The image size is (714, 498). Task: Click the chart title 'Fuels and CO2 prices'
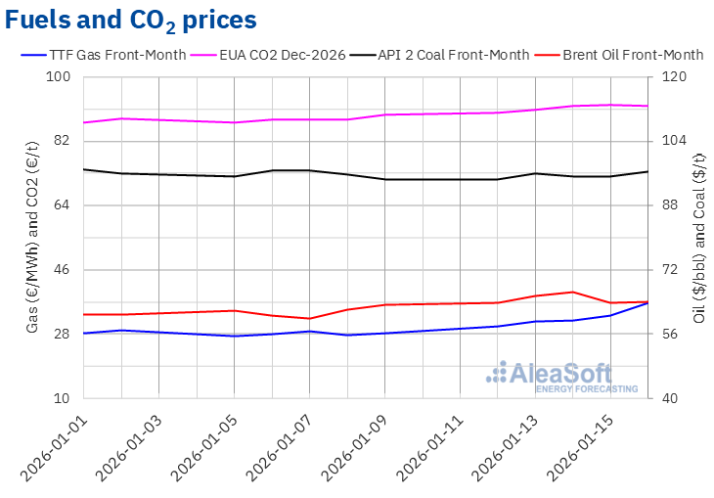[x=132, y=20]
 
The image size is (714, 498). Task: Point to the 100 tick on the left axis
[x=61, y=77]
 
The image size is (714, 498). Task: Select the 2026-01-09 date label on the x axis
[x=352, y=445]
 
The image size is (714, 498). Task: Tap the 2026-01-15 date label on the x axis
[x=578, y=445]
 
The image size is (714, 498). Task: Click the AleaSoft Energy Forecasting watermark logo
[x=562, y=377]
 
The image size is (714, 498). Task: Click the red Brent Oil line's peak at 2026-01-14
[x=573, y=292]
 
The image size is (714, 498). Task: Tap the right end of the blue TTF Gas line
[x=647, y=303]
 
